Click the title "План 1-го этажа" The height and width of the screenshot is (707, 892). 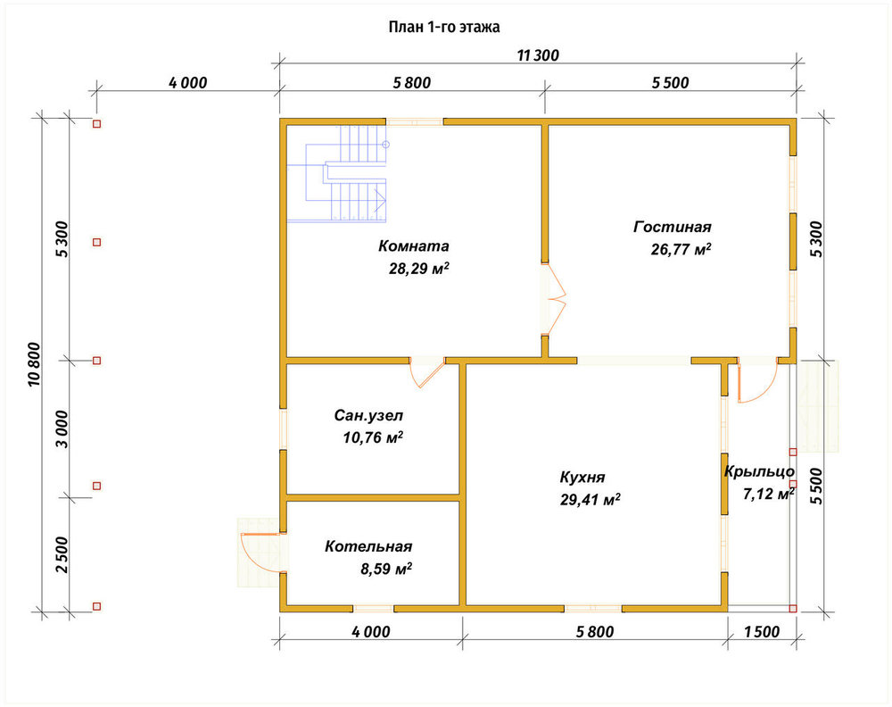(444, 27)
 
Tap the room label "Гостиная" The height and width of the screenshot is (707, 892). (673, 227)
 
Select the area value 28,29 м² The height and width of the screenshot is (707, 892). (419, 268)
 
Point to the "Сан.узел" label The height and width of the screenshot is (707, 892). (368, 416)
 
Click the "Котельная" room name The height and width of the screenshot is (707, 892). (368, 546)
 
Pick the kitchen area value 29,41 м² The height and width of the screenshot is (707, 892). (590, 499)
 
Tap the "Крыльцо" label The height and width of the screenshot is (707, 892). (759, 471)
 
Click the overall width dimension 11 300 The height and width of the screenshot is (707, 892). (538, 55)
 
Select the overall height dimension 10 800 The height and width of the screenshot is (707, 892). (34, 365)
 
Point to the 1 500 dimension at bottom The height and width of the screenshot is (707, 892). (761, 631)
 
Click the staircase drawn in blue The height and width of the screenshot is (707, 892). (337, 173)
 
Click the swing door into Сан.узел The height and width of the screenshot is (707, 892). (427, 371)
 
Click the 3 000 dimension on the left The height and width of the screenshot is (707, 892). (62, 429)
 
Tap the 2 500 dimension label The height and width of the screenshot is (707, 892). (62, 554)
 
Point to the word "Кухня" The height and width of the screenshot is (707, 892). (582, 477)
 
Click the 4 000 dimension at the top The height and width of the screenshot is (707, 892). (187, 82)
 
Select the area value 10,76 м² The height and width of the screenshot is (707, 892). (373, 437)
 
